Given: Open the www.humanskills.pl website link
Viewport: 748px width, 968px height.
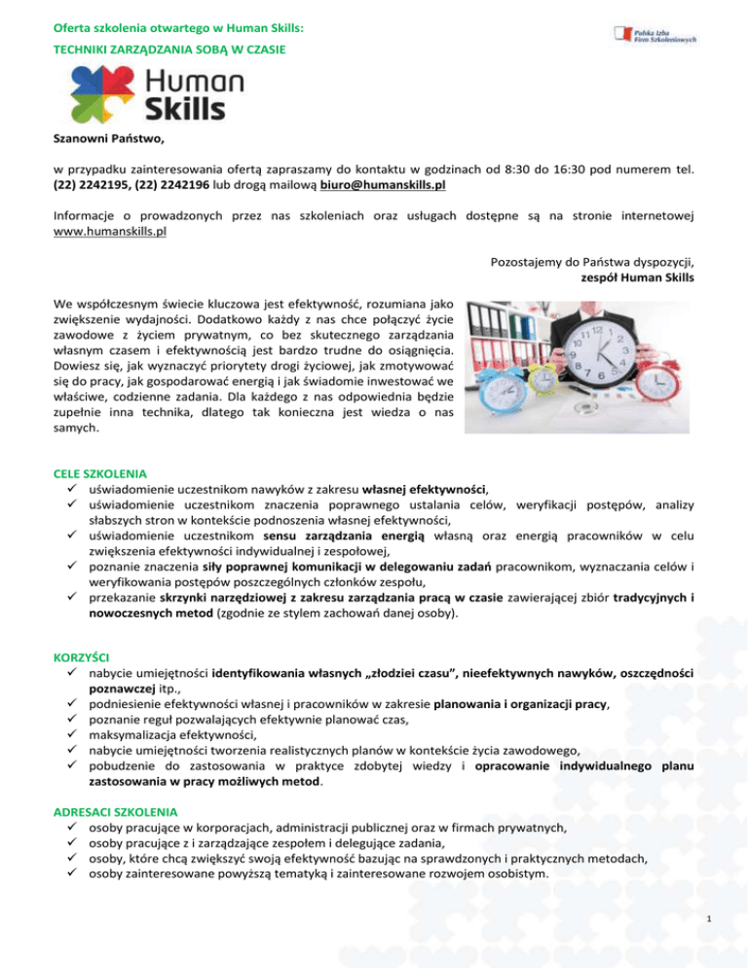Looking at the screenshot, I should click(x=109, y=232).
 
